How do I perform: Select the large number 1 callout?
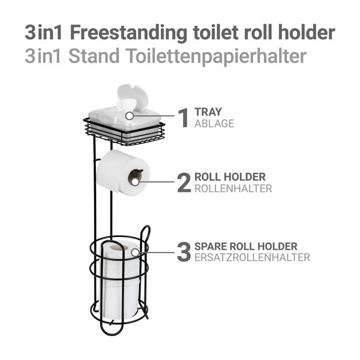pyautogui.click(x=184, y=118)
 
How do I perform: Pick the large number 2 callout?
pyautogui.click(x=184, y=182)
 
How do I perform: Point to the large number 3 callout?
pyautogui.click(x=184, y=252)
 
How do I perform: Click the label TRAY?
pyautogui.click(x=208, y=112)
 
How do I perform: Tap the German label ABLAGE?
pyautogui.click(x=214, y=124)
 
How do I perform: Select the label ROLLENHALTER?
pyautogui.click(x=233, y=188)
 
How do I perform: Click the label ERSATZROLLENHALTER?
pyautogui.click(x=253, y=257)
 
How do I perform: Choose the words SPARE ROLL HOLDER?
pyautogui.click(x=246, y=247)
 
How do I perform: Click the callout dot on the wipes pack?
pyautogui.click(x=130, y=116)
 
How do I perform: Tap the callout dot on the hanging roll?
pyautogui.click(x=136, y=182)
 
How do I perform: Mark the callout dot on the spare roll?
pyautogui.click(x=135, y=253)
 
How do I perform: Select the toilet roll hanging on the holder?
pyautogui.click(x=123, y=172)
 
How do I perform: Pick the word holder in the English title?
pyautogui.click(x=307, y=32)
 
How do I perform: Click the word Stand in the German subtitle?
pyautogui.click(x=94, y=56)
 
